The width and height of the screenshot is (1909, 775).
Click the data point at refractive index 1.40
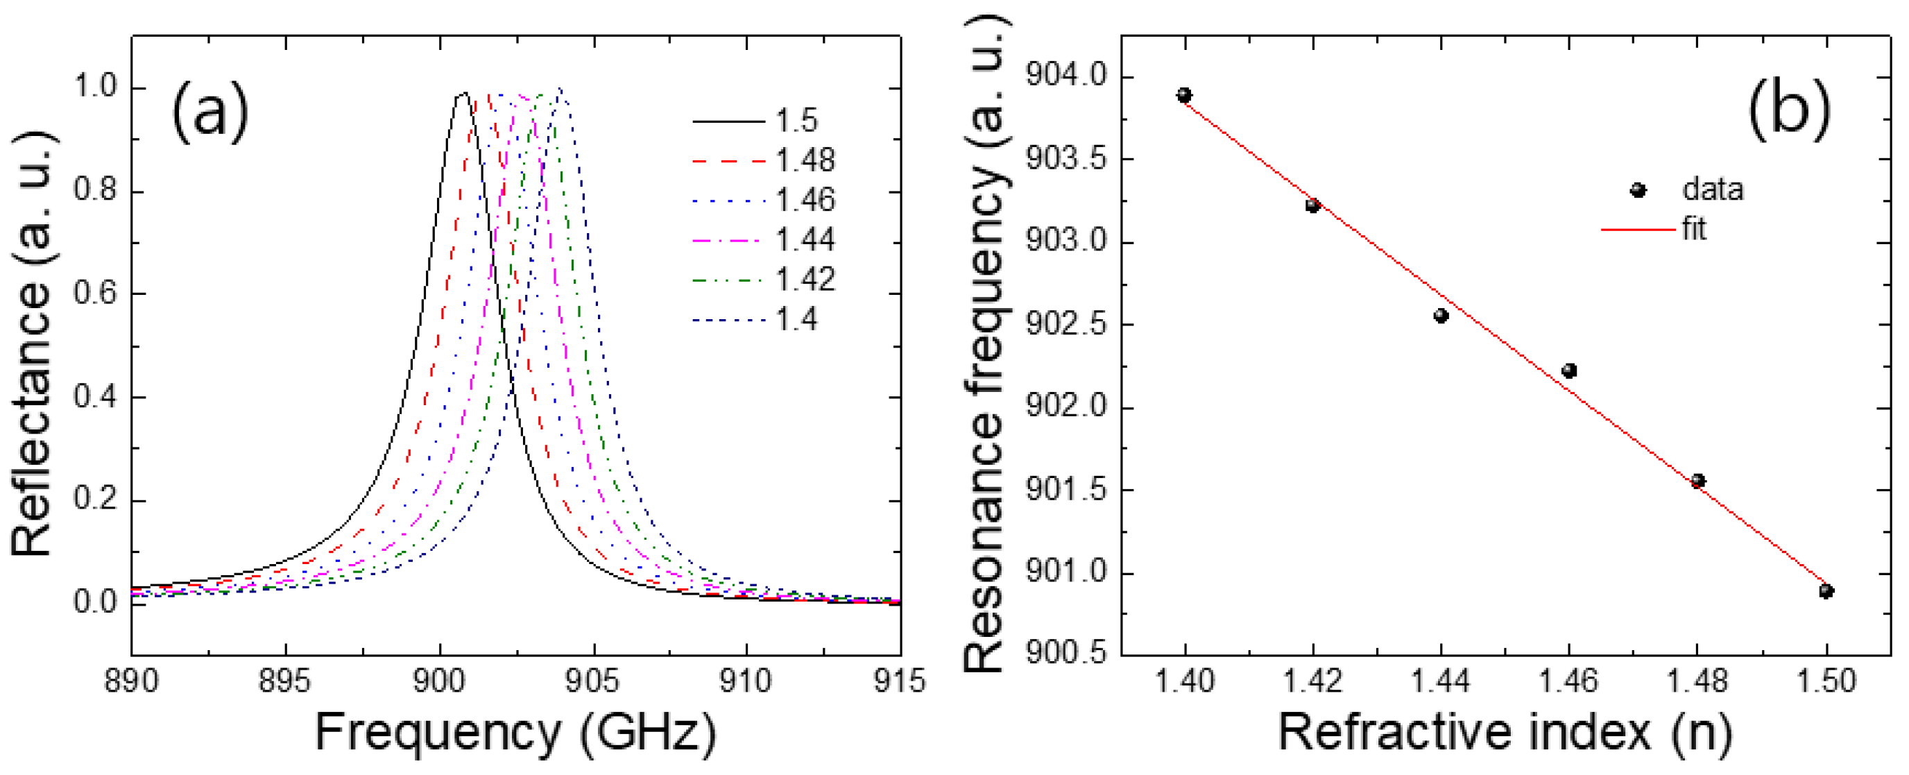click(1184, 95)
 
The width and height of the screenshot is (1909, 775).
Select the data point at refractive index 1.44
click(1441, 316)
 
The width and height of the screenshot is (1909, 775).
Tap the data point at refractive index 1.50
click(1826, 590)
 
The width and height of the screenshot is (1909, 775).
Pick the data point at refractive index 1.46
click(1569, 371)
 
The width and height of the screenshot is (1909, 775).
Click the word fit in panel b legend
click(1694, 229)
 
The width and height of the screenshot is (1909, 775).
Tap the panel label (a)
click(209, 111)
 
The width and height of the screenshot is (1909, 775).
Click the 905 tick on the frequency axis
click(592, 680)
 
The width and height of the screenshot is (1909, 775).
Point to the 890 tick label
click(131, 680)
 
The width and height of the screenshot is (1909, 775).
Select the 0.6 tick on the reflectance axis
click(96, 293)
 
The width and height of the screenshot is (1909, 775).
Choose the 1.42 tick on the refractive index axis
click(1312, 680)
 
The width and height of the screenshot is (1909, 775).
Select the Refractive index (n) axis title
click(1505, 733)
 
